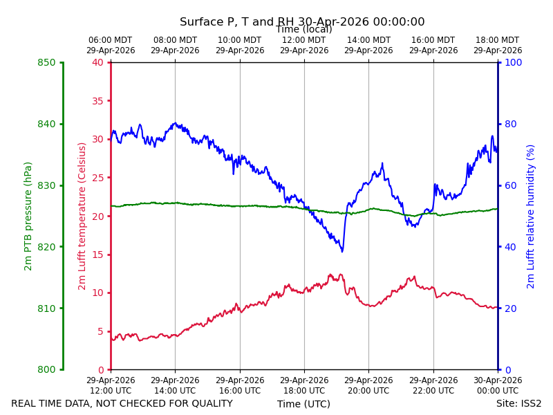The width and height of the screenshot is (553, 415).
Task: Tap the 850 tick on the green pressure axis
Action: (46, 62)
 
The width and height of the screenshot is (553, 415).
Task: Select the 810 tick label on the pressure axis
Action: (46, 308)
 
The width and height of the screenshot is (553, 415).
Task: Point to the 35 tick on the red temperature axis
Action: (97, 101)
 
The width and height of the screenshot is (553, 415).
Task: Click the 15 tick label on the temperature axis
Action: (97, 255)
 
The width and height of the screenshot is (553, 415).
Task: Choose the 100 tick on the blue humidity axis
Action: (514, 62)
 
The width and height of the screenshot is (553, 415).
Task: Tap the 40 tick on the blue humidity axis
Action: (511, 247)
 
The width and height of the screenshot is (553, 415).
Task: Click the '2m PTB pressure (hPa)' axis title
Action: (28, 216)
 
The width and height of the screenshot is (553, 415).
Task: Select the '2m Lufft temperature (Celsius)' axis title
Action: (82, 216)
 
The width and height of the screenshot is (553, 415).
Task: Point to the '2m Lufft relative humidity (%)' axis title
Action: (530, 216)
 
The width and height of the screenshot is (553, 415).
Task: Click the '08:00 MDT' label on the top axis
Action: (176, 40)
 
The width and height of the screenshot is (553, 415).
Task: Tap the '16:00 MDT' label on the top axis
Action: (433, 40)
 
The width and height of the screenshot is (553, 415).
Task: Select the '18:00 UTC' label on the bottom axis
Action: (304, 391)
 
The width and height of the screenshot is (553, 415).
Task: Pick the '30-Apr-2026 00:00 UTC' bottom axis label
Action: (498, 385)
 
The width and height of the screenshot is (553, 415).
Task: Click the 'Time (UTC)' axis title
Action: (303, 404)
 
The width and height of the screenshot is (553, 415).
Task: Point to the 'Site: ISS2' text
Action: (519, 403)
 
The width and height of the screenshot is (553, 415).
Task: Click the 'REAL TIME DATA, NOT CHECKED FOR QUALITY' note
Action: (122, 403)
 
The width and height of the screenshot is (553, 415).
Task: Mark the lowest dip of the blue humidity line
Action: (342, 251)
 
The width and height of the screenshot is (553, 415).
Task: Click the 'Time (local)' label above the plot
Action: (304, 29)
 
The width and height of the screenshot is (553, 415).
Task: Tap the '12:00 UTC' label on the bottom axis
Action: (111, 391)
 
